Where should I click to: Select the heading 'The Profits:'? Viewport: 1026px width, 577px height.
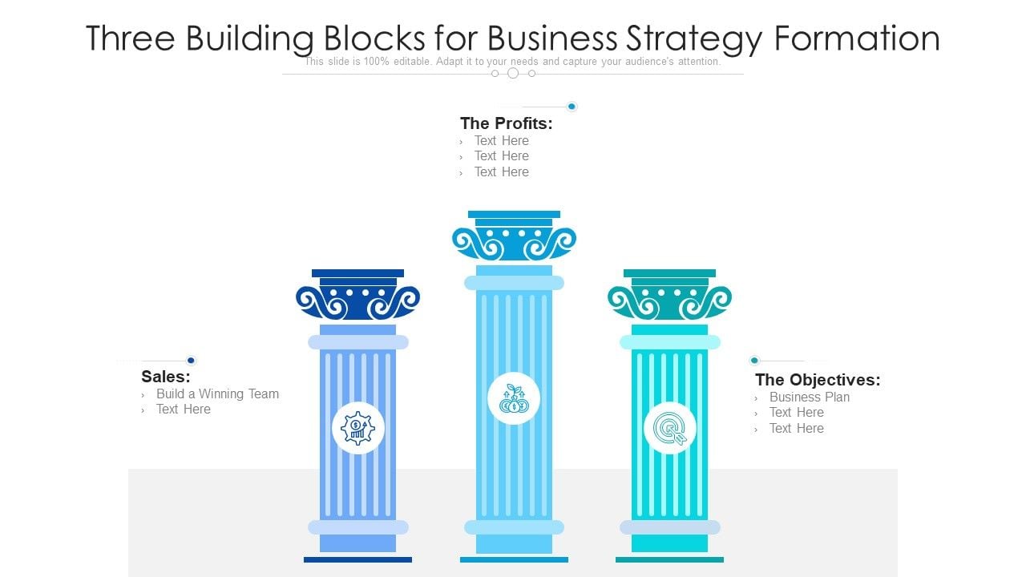506,123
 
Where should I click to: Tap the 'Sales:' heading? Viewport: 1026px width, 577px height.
165,376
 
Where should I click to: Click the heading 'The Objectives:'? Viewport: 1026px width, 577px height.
817,380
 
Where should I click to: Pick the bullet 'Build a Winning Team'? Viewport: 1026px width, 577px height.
217,393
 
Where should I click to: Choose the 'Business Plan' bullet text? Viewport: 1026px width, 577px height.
809,397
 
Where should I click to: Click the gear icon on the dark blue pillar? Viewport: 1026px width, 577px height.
357,428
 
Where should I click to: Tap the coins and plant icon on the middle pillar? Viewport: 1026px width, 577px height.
513,398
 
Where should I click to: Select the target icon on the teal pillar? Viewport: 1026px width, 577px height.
669,428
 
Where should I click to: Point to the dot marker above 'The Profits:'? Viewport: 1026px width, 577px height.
572,107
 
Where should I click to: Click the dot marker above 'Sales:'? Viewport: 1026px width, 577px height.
191,361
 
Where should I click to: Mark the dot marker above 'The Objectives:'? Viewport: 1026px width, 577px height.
754,361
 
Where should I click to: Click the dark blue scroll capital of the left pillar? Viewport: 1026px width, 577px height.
357,301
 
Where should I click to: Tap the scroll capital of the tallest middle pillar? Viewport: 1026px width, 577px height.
514,242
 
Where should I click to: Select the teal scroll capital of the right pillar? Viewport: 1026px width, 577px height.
669,301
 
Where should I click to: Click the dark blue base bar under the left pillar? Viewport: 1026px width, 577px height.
357,559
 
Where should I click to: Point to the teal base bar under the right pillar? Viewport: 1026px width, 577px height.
669,559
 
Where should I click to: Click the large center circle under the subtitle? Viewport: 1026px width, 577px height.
513,73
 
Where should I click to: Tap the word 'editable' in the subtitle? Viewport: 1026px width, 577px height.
410,62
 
